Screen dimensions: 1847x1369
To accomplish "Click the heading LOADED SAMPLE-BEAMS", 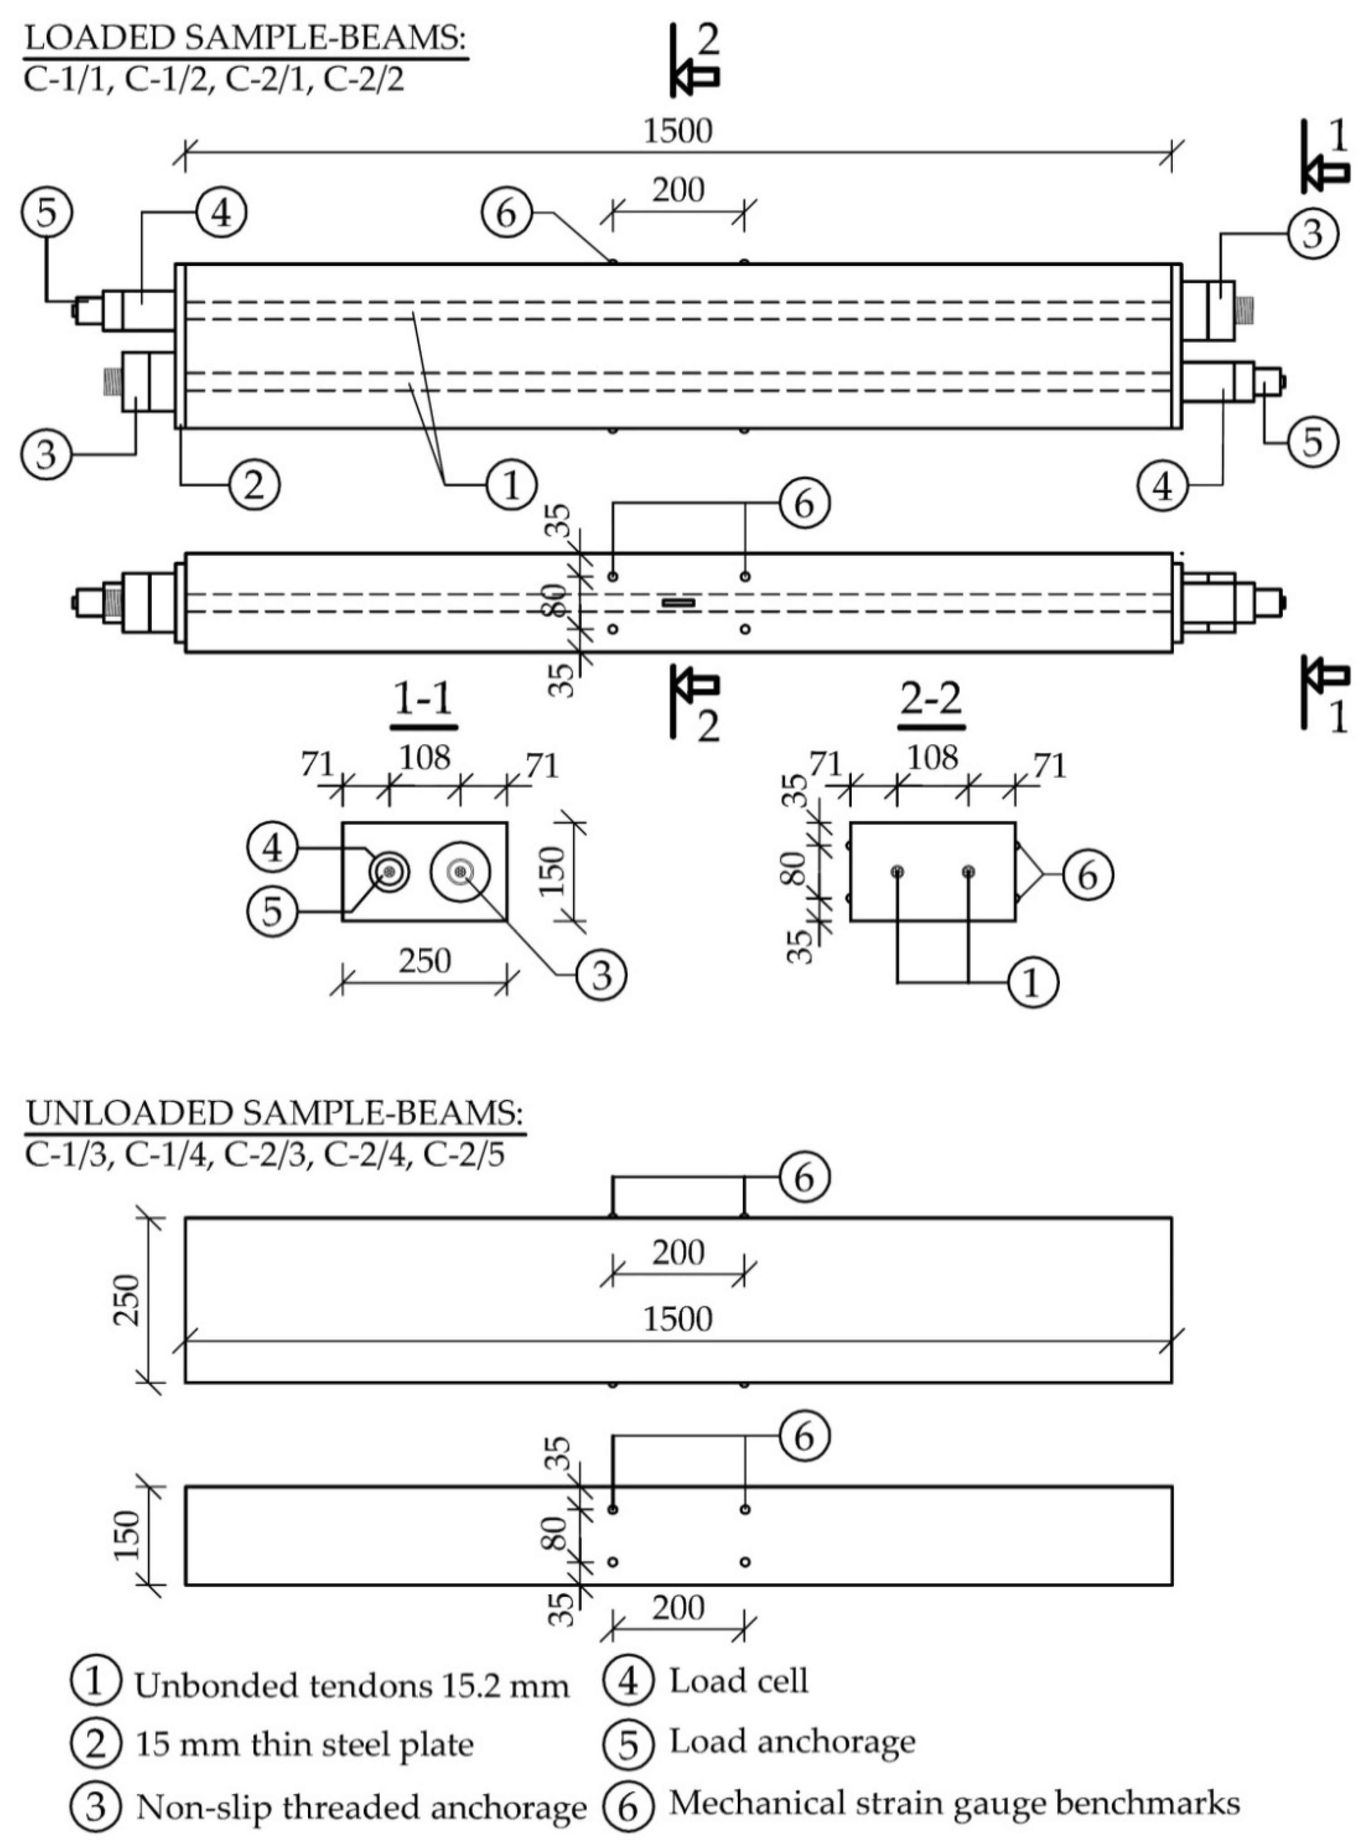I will tap(246, 40).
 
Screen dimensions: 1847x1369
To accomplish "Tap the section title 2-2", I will tap(932, 700).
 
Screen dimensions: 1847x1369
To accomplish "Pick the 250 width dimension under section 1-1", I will tap(424, 961).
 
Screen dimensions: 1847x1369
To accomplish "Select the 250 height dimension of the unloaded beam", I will tap(128, 1300).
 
